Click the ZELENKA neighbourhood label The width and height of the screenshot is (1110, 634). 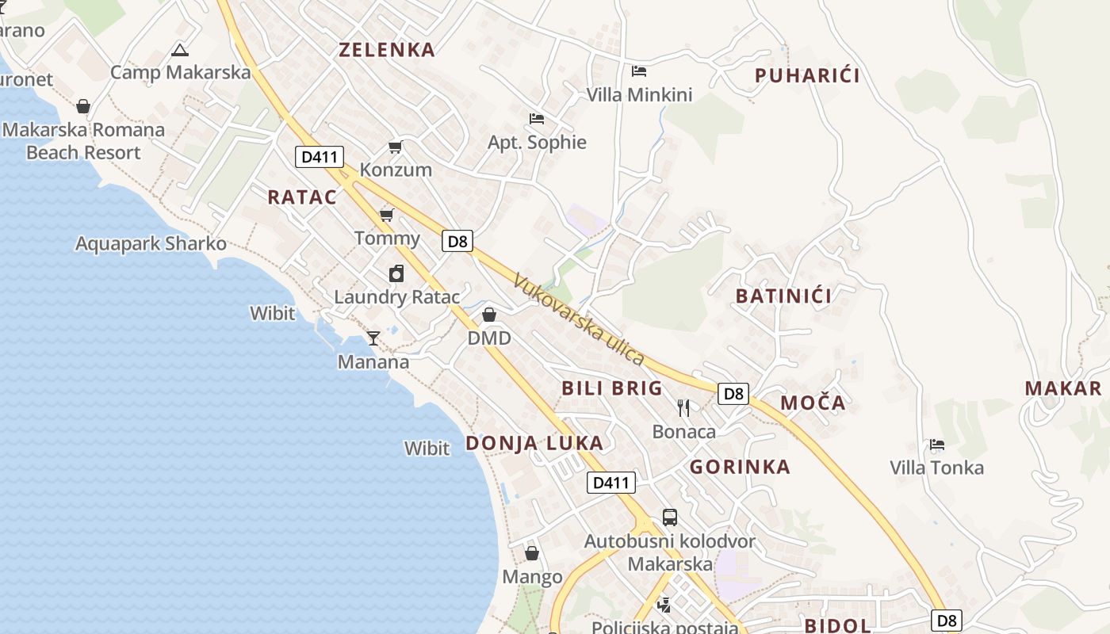(387, 50)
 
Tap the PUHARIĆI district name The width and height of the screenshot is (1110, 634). (807, 76)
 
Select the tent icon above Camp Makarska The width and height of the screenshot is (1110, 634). (180, 51)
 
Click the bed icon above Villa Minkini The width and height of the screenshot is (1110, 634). (639, 71)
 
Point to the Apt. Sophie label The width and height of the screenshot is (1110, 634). (537, 143)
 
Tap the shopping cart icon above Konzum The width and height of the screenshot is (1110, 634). (395, 147)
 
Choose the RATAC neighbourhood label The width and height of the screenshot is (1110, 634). (302, 197)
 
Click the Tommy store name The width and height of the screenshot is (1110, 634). (387, 239)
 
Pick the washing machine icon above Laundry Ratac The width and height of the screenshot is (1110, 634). (396, 273)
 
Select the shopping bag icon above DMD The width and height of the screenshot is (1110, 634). (489, 315)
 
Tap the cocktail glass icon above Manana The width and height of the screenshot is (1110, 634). (373, 338)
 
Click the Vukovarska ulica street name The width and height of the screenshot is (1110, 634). (578, 319)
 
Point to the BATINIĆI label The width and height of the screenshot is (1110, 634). (783, 296)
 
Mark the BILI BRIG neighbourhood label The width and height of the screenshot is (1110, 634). (611, 388)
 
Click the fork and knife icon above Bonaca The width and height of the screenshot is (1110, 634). (683, 408)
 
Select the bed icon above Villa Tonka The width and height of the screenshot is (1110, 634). (937, 445)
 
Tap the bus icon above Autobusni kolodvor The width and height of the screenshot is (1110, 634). (670, 518)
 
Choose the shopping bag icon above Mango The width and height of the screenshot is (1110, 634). (532, 553)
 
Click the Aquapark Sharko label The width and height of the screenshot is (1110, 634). (151, 243)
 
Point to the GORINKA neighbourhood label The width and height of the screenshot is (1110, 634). (740, 467)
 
